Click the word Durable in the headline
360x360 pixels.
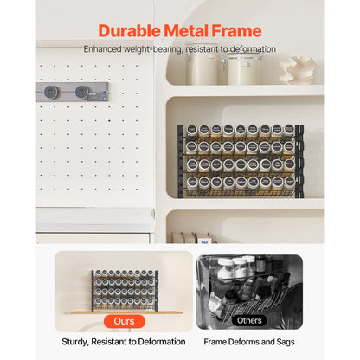(x=129, y=31)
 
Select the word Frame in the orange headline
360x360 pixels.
(x=237, y=31)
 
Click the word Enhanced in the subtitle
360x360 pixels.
(x=102, y=49)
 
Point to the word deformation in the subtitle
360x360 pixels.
(x=253, y=49)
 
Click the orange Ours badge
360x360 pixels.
(x=125, y=321)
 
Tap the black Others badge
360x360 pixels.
(x=249, y=320)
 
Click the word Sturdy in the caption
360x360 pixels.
(x=74, y=342)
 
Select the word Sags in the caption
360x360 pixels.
(x=286, y=342)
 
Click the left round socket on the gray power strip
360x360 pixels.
(x=51, y=92)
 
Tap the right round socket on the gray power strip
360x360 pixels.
(x=82, y=92)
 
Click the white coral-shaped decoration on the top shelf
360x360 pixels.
(x=297, y=70)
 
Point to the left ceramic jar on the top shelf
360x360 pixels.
(x=202, y=67)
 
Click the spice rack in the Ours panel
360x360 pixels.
(x=125, y=291)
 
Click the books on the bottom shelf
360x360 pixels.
(x=190, y=237)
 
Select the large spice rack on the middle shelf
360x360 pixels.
(x=241, y=161)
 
